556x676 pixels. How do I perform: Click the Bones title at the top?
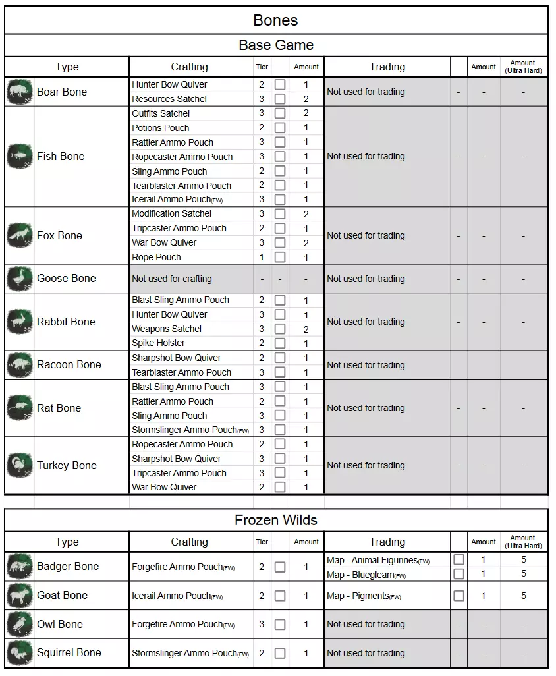click(x=275, y=20)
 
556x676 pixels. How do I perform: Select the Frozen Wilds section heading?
click(x=275, y=520)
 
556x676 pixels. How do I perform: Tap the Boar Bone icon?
click(x=20, y=92)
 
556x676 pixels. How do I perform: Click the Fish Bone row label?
click(x=61, y=156)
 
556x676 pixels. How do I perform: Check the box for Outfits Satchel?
click(x=280, y=113)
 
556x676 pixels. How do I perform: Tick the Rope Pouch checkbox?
click(x=280, y=257)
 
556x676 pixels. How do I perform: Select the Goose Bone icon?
click(x=20, y=279)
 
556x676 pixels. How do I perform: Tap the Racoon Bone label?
click(x=69, y=364)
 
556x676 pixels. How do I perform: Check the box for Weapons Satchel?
click(x=280, y=329)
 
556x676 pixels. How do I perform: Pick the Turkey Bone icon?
click(x=20, y=465)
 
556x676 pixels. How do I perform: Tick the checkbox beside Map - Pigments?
click(x=459, y=596)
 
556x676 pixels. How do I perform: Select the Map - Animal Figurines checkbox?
click(x=459, y=560)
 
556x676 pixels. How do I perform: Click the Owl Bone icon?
click(x=20, y=624)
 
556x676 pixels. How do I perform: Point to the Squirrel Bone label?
click(x=69, y=652)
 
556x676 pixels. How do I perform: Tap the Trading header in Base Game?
click(x=387, y=67)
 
